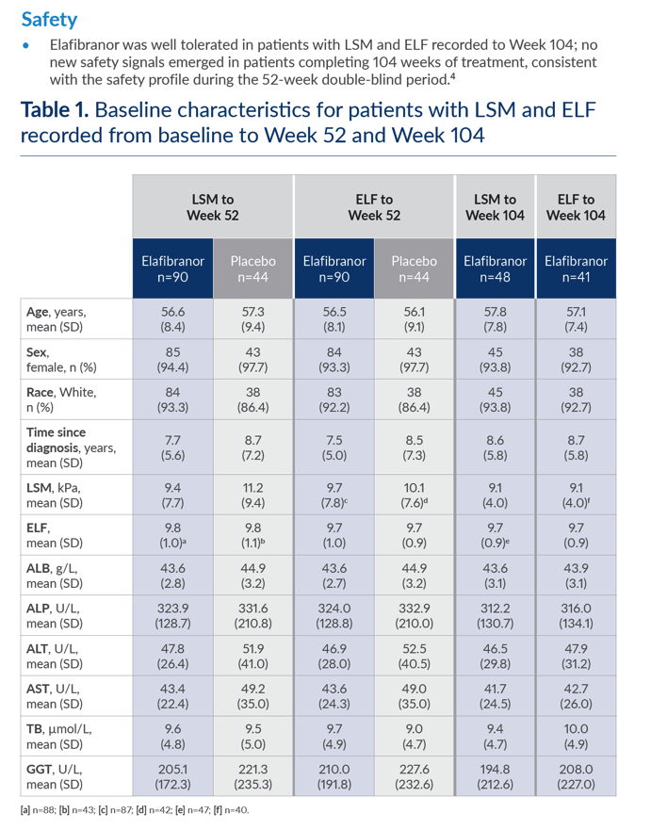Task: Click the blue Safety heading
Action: pos(49,20)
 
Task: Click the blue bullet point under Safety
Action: pos(25,45)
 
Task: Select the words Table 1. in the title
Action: pos(55,110)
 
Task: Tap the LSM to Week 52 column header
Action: pos(213,206)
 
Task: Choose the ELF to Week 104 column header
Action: pos(576,206)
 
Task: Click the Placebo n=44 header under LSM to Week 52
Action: pos(252,268)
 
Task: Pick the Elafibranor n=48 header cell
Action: pos(495,268)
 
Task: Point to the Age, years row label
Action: pos(57,319)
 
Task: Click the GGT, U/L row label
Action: pos(55,776)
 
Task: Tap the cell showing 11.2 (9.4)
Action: pos(252,495)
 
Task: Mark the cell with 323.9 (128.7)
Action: pos(173,615)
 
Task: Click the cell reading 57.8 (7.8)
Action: pos(495,319)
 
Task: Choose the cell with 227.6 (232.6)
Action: pos(415,776)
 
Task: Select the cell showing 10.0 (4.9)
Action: pos(576,737)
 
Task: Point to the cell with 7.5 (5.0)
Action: pos(334,447)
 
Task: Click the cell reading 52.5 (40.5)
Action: pos(415,656)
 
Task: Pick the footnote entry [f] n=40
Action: pos(231,810)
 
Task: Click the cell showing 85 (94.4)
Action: pos(173,360)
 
